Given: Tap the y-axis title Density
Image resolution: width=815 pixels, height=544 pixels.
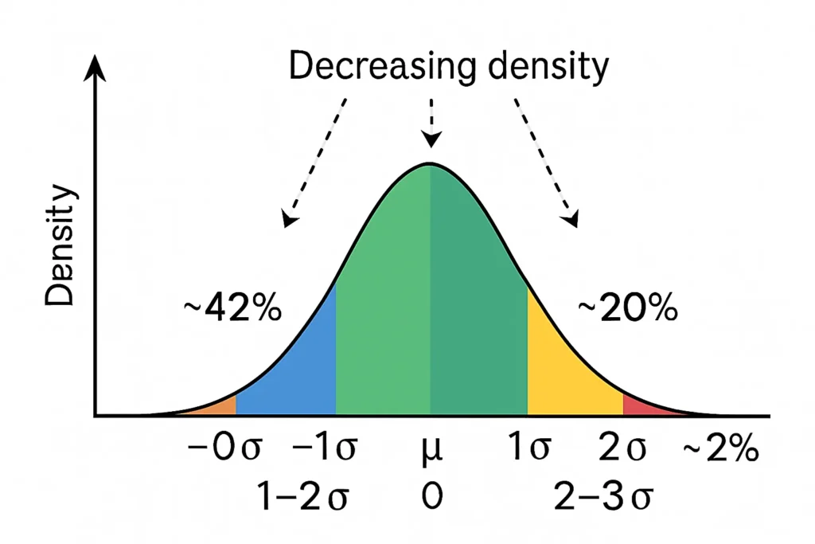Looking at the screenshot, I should click(x=60, y=248).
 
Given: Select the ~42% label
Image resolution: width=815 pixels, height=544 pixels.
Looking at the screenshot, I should click(x=230, y=309).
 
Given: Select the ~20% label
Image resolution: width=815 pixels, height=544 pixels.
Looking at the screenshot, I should click(x=627, y=309).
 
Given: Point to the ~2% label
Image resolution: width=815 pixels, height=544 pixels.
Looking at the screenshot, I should click(x=721, y=451).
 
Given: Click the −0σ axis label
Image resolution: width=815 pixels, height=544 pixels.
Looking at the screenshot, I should click(x=224, y=451).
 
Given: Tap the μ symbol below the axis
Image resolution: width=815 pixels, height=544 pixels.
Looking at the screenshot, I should click(x=431, y=452).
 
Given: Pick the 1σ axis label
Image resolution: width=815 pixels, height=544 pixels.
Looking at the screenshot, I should click(x=528, y=451).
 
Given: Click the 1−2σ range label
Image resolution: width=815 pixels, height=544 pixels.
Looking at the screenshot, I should click(x=302, y=498).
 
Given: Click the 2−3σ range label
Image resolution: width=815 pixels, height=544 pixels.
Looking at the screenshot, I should click(x=603, y=498).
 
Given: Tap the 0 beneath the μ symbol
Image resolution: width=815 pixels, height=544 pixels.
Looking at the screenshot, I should click(x=431, y=498).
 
